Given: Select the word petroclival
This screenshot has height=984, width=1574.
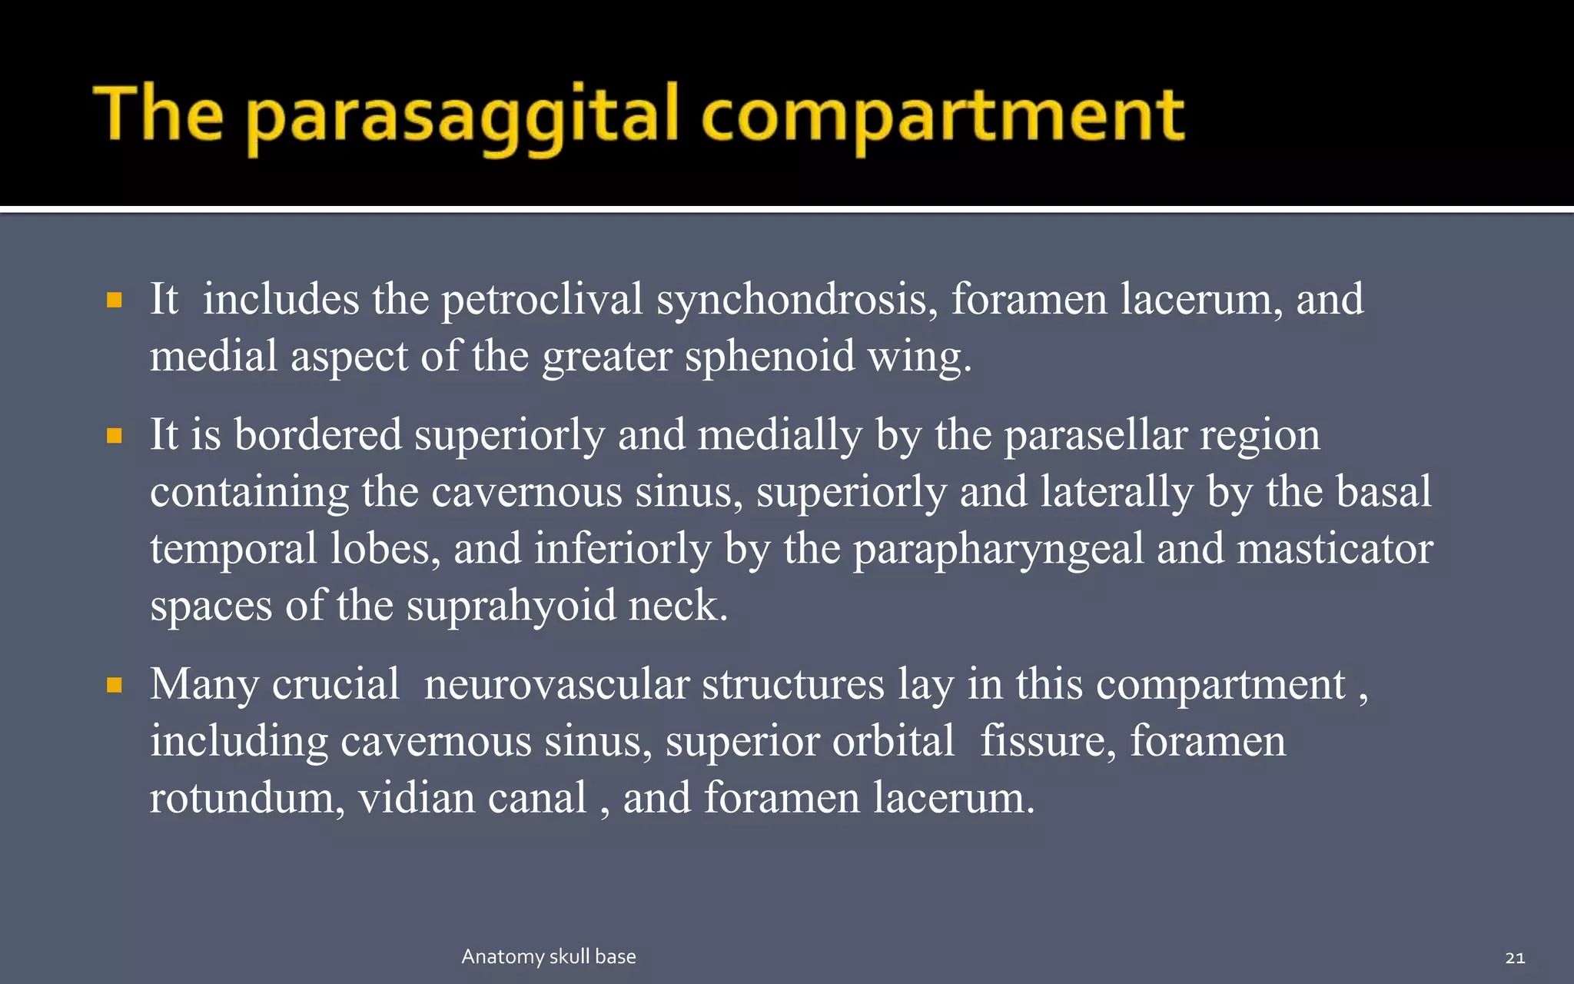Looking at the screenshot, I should [542, 299].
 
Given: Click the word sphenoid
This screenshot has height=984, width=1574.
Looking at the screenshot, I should [769, 357].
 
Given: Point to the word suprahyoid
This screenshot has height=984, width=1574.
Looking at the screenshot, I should [511, 607].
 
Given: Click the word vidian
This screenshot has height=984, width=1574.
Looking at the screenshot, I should [416, 798].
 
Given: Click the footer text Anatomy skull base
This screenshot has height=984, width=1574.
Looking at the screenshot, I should [549, 956].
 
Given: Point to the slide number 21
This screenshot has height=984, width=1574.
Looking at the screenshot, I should [1515, 958].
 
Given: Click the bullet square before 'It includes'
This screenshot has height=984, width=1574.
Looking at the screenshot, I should [115, 300].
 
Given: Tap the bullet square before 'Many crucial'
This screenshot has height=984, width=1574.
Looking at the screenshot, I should [115, 685].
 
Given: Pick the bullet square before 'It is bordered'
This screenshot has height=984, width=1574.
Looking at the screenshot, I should [115, 437].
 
